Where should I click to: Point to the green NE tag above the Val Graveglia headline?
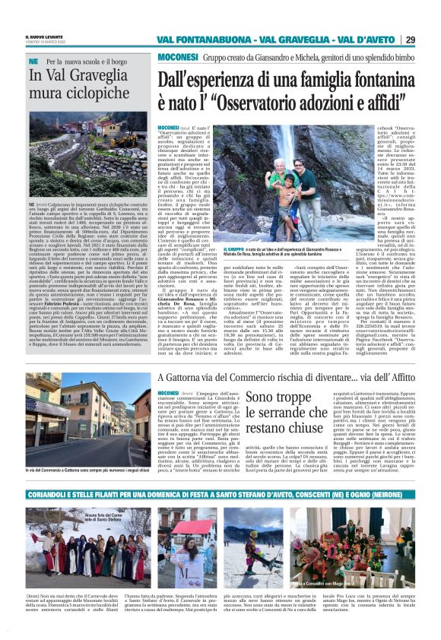pos(33,60)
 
